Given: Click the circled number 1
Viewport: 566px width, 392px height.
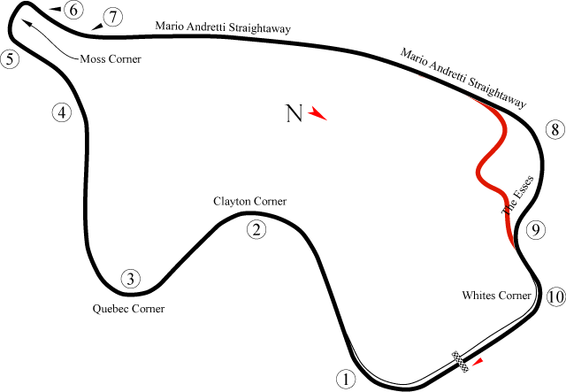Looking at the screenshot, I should coord(345,380).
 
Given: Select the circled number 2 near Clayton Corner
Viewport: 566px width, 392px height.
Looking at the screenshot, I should coord(256,230).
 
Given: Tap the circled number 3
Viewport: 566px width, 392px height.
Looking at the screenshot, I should coord(130,280).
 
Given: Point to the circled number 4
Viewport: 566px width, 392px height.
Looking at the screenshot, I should coord(60,113).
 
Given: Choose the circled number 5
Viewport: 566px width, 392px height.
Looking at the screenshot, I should coord(10,60).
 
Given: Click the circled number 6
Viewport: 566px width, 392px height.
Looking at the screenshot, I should coord(73,11).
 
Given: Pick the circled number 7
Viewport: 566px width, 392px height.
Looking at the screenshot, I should coord(112,18).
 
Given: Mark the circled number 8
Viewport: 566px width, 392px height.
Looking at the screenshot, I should coord(555,131).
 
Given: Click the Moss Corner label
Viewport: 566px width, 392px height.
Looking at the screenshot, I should coord(111,59).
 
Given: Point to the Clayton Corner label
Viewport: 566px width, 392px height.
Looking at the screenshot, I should coord(250,202).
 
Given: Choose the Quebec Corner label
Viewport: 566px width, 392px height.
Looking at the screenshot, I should coord(129,309).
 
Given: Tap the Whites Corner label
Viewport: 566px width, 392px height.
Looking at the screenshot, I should coord(496,295).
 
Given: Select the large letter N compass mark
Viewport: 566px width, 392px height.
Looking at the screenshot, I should coord(294,113).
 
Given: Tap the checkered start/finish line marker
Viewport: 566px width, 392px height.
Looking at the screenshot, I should coord(460,359).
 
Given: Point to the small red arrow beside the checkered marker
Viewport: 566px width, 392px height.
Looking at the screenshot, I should coord(478,361).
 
